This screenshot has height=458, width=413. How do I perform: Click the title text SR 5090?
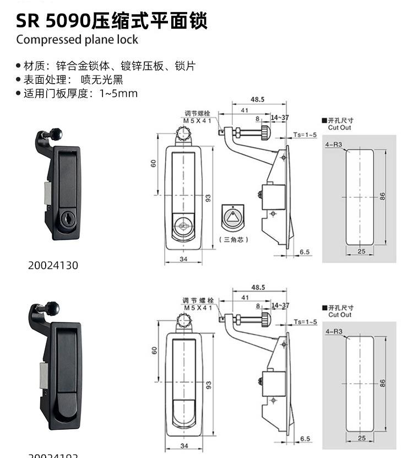pos(53,20)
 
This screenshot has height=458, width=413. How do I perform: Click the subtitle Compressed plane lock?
pos(77,40)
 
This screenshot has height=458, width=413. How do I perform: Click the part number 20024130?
pos(53,265)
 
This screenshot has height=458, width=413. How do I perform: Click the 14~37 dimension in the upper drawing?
pos(280,118)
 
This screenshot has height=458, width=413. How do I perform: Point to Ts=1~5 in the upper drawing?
pos(305,134)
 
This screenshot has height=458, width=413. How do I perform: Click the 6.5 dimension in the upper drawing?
pos(305,252)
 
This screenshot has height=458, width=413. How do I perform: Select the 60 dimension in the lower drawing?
pos(154,349)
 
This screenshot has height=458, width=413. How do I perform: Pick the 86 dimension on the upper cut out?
pos(382,196)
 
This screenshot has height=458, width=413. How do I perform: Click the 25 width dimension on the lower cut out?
pos(361,438)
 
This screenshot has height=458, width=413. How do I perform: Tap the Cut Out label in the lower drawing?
pos(340,315)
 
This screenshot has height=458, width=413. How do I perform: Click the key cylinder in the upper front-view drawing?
pos(182,227)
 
